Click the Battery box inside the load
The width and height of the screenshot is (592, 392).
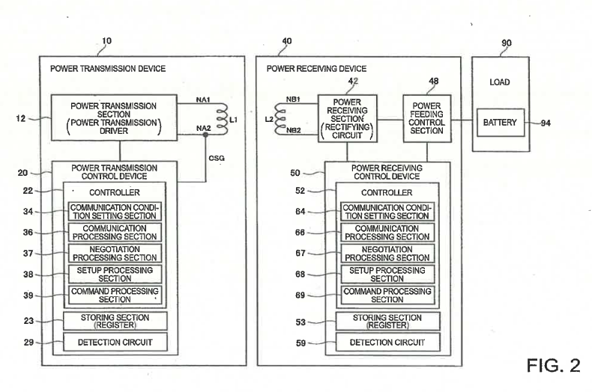click(x=501, y=123)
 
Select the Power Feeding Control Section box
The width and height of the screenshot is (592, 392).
click(x=427, y=118)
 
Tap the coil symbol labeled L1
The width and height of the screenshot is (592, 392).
click(x=223, y=119)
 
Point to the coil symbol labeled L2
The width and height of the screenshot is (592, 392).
click(x=280, y=118)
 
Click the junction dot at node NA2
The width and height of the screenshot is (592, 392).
click(x=205, y=135)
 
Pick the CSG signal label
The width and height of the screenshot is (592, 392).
click(x=217, y=158)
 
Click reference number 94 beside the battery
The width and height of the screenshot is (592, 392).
click(x=546, y=123)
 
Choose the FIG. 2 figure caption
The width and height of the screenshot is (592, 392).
click(x=553, y=365)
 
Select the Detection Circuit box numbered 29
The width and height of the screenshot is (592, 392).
click(x=115, y=342)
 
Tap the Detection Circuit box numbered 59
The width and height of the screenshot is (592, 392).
click(x=387, y=342)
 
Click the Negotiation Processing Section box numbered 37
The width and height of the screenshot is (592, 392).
click(x=115, y=254)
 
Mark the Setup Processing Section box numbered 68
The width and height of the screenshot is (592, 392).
click(x=387, y=275)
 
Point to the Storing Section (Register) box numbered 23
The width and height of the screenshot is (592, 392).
click(x=115, y=321)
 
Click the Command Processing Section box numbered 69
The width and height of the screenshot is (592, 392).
click(x=387, y=295)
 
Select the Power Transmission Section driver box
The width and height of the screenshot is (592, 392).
click(x=114, y=118)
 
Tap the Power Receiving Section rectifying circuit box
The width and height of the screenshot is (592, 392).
click(x=348, y=118)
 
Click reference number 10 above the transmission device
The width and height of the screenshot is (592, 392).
click(x=107, y=40)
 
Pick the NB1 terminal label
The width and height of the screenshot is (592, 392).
click(x=293, y=99)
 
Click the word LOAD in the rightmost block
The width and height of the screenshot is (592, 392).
click(x=500, y=82)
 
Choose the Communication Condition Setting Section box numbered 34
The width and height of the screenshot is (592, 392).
click(x=115, y=212)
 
